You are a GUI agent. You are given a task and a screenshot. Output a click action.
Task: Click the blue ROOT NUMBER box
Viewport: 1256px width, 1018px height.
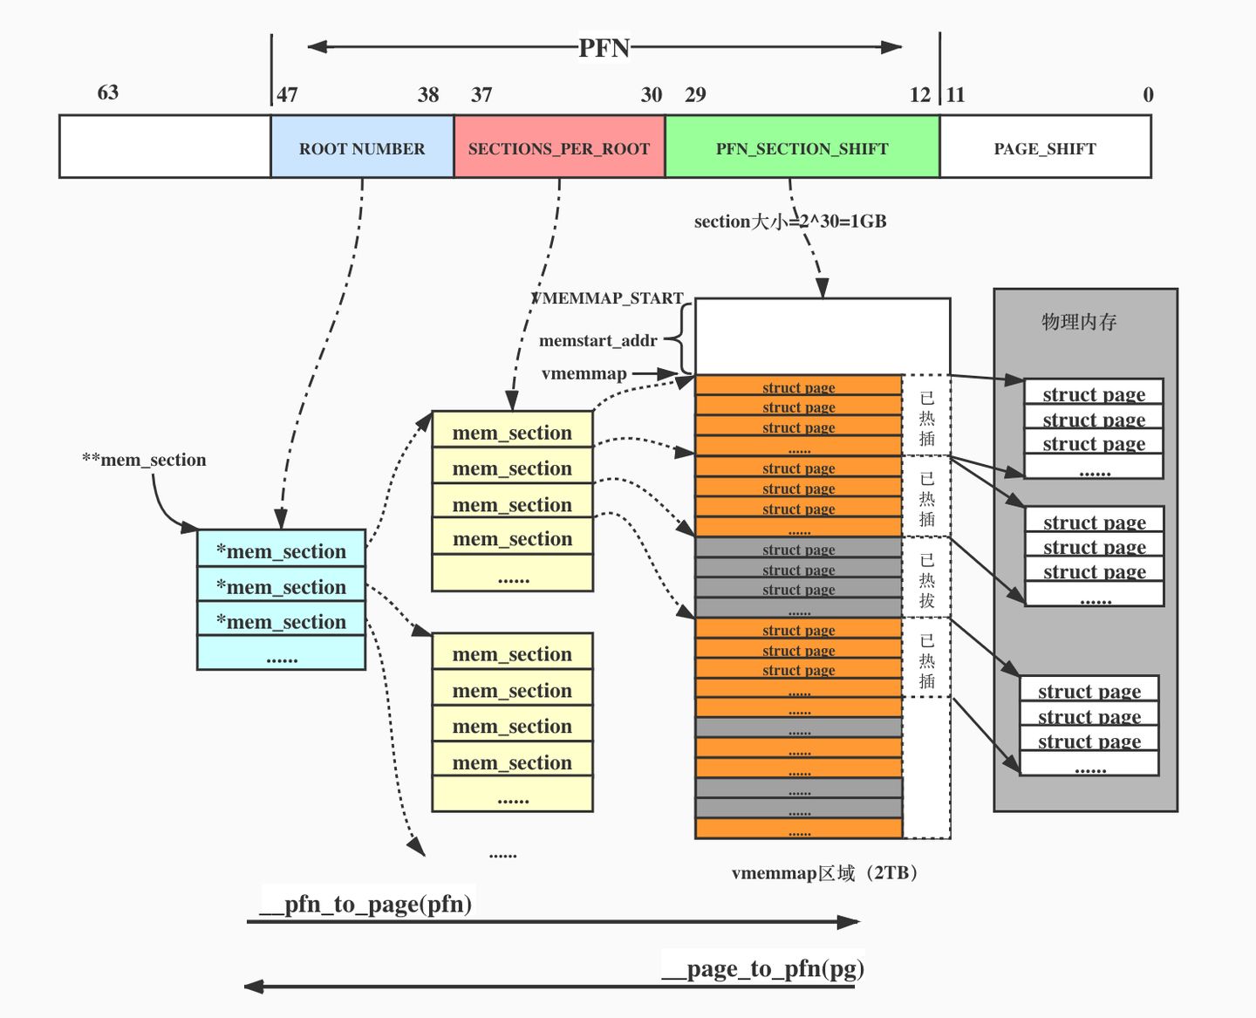362,147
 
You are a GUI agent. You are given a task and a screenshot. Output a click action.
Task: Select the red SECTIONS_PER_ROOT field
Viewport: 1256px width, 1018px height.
559,147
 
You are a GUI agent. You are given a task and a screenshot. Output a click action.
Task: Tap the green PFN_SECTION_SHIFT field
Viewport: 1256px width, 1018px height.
802,147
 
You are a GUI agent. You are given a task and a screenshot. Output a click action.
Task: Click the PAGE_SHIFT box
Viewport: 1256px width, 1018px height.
1045,147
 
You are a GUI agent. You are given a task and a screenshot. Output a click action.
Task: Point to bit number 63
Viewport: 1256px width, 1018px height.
107,92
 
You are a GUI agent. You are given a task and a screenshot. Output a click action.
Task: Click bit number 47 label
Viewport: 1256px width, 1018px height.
288,94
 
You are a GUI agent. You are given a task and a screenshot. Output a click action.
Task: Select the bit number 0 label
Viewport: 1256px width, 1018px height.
1148,94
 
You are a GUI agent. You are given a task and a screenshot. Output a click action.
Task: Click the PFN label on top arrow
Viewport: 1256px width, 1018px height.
604,47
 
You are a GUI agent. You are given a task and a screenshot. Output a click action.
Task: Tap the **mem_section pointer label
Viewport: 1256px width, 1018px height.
144,460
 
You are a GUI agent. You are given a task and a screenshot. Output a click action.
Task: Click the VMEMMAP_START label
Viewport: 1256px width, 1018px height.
608,298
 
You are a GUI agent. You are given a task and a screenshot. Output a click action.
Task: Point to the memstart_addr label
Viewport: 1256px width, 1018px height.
597,340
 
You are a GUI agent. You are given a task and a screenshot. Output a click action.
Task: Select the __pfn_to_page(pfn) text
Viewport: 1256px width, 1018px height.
366,904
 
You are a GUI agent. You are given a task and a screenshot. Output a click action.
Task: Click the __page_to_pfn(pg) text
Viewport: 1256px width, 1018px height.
763,968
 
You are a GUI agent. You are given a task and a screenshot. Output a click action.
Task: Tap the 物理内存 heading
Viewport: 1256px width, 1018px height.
1079,322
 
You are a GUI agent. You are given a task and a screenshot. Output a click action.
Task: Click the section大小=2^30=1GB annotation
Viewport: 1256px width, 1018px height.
790,222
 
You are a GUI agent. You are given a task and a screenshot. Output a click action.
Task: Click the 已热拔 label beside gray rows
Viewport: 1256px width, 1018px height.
926,580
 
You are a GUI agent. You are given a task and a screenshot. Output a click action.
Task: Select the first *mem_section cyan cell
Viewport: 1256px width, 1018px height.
281,551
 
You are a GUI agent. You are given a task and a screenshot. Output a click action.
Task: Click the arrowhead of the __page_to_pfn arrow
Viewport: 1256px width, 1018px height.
253,987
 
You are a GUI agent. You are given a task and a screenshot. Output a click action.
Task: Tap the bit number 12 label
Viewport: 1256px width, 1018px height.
920,94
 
